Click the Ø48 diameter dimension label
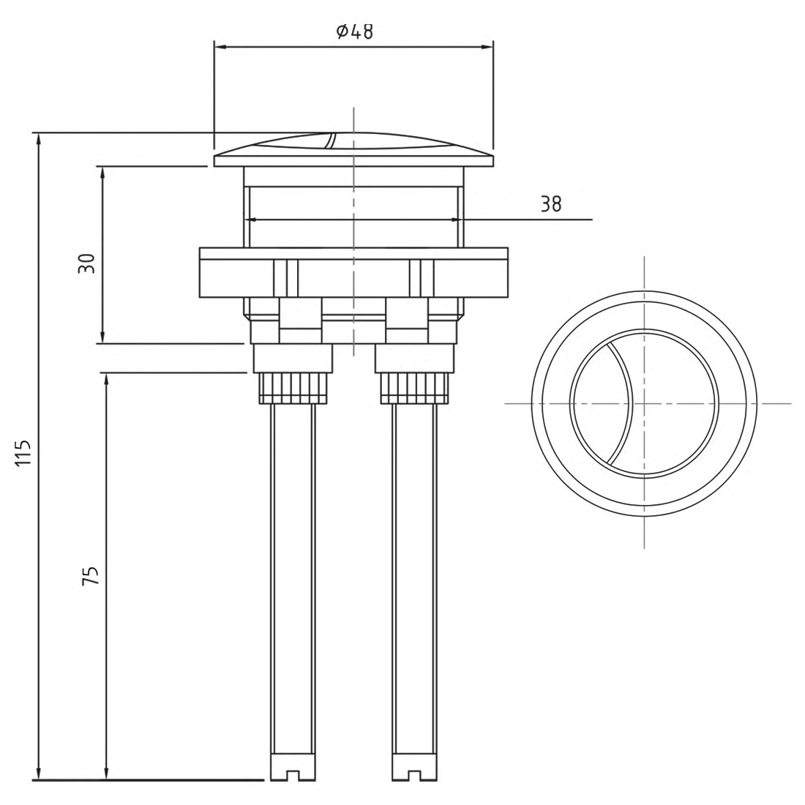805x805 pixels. point(354,31)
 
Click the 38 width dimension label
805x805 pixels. point(551,205)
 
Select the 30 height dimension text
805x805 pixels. point(87,263)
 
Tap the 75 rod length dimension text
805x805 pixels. point(89,575)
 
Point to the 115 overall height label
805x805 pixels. point(23,454)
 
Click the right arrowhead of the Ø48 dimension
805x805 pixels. point(487,48)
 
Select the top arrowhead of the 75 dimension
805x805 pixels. point(107,378)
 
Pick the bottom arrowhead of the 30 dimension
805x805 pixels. point(102,337)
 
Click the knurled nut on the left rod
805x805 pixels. point(292,388)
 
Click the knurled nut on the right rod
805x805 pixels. point(414,388)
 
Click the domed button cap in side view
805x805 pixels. point(353,146)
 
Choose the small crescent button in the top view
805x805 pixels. point(599,403)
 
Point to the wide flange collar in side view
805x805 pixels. point(353,272)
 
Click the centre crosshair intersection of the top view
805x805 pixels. point(644,403)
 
